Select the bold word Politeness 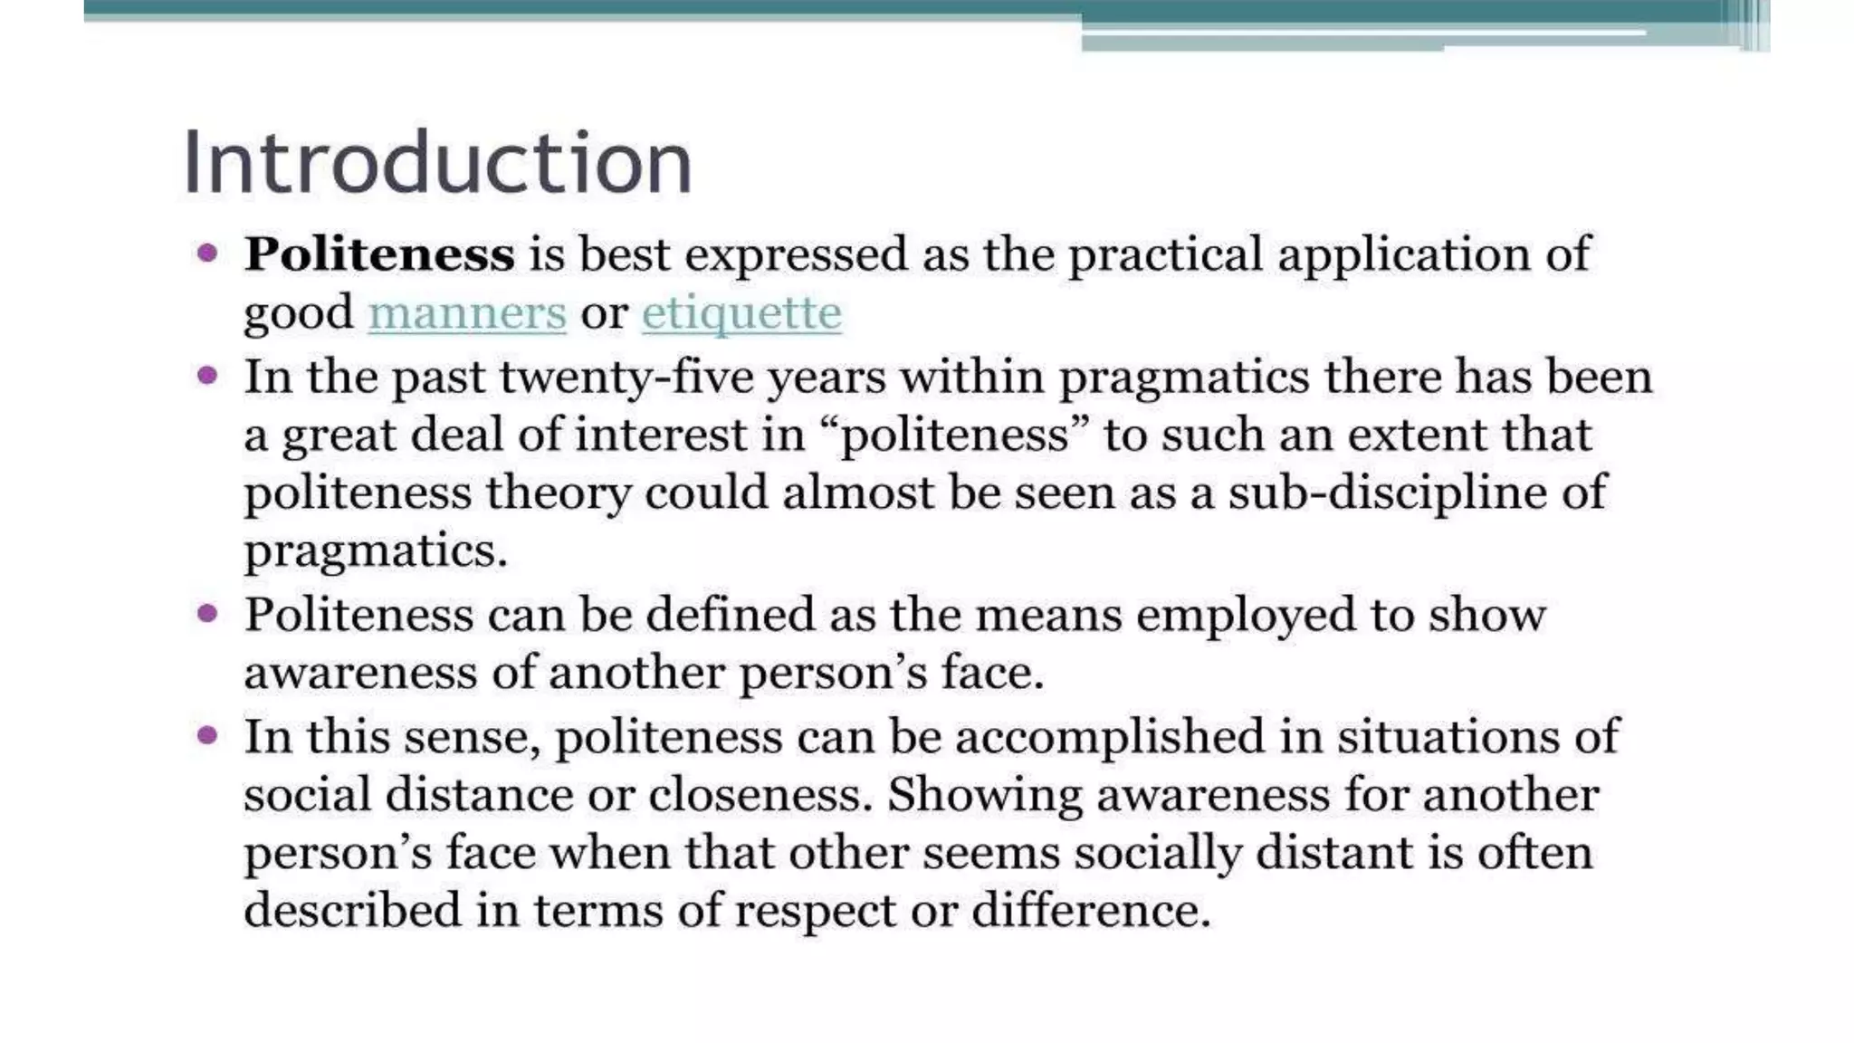pyautogui.click(x=379, y=254)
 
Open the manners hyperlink pyautogui.click(x=467, y=313)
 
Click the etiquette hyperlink pyautogui.click(x=741, y=313)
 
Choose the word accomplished pyautogui.click(x=1110, y=736)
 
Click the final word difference pyautogui.click(x=1090, y=910)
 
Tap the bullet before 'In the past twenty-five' pyautogui.click(x=207, y=375)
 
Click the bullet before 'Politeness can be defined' pyautogui.click(x=207, y=614)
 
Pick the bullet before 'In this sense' pyautogui.click(x=207, y=734)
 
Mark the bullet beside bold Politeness pyautogui.click(x=207, y=253)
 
